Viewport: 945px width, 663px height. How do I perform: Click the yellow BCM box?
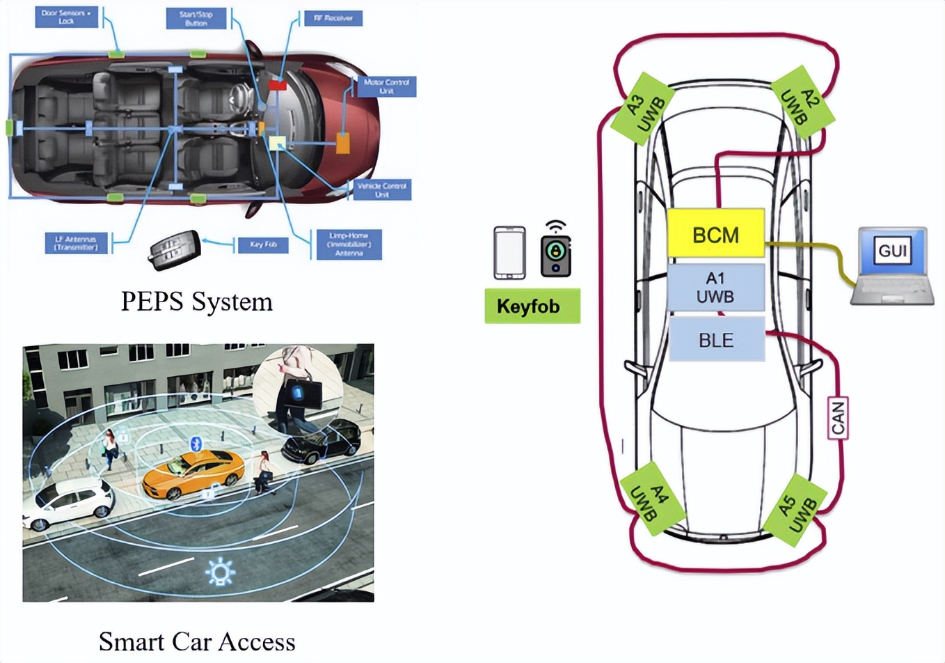coord(715,234)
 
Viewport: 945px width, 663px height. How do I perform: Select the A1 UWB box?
coord(715,287)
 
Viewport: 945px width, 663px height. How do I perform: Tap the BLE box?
coord(716,340)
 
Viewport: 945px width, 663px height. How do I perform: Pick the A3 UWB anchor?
coord(642,108)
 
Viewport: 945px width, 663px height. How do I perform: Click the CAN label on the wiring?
coord(838,418)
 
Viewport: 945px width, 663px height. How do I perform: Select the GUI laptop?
coord(892,266)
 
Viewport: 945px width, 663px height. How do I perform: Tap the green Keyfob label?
coord(532,306)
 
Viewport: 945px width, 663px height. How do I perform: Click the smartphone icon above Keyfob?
coord(509,252)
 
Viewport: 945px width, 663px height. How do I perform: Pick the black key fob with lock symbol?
coord(555,252)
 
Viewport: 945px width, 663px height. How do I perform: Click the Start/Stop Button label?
coord(196,18)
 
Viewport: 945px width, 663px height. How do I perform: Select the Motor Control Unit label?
coord(386,86)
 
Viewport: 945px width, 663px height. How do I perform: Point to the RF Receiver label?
coord(333,18)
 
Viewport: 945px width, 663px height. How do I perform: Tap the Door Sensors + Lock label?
coord(66,17)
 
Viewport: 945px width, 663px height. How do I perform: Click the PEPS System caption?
coord(197,302)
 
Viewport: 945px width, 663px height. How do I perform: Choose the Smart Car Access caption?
coord(197,641)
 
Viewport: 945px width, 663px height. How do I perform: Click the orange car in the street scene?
coord(193,474)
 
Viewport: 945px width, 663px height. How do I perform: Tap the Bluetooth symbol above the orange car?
coord(196,444)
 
